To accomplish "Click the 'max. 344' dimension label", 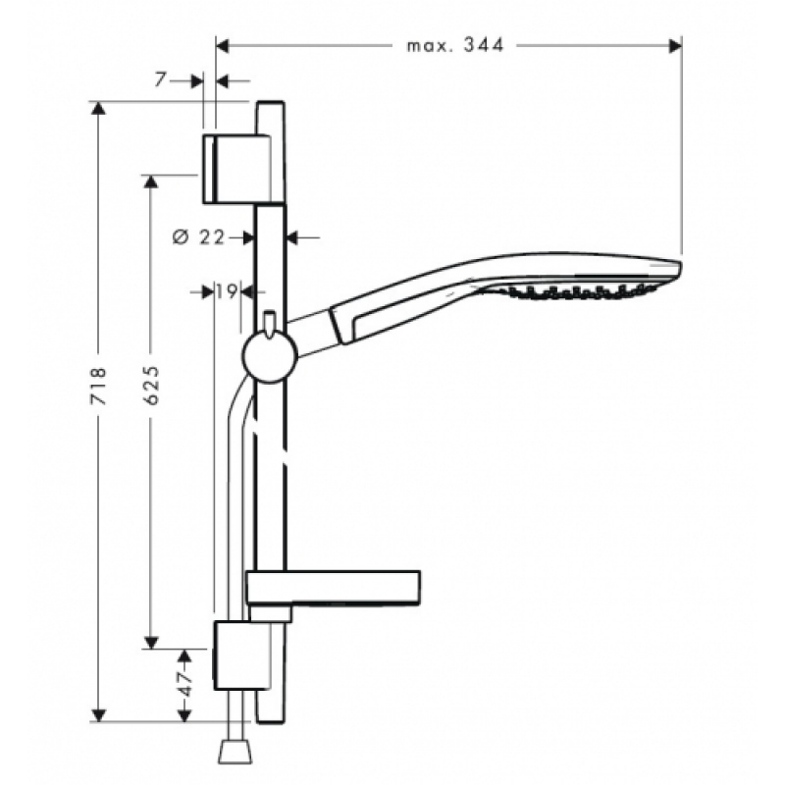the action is (454, 46).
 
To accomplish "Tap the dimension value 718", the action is (99, 386).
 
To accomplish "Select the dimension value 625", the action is (151, 385).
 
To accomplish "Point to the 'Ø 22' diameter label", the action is (199, 236).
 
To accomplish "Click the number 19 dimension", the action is (227, 290).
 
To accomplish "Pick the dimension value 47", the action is (185, 683).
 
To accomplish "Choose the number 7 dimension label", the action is (160, 79).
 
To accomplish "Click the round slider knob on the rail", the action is (270, 356).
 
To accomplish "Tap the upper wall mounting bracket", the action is (237, 169).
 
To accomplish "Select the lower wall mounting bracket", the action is (242, 655).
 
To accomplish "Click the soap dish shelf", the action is (333, 588).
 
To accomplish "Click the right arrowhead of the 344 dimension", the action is (675, 46).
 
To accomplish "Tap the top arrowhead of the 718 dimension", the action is (99, 108).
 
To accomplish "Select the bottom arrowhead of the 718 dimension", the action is (99, 715).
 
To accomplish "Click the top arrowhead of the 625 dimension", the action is (151, 182).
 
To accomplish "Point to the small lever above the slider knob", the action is (269, 324).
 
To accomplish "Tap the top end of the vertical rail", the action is (271, 102).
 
